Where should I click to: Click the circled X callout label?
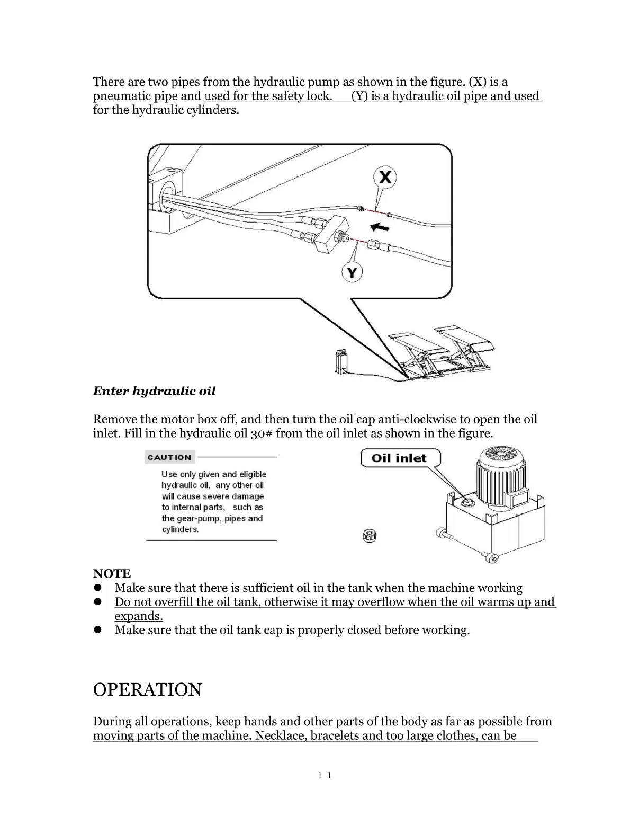(385, 177)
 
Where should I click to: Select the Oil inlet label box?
(400, 458)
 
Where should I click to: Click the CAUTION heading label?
(169, 457)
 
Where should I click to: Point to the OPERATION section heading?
(147, 690)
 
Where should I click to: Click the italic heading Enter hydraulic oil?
(154, 392)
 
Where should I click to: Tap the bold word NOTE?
(112, 573)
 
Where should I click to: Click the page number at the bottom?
(325, 776)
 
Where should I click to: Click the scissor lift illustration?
(442, 352)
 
